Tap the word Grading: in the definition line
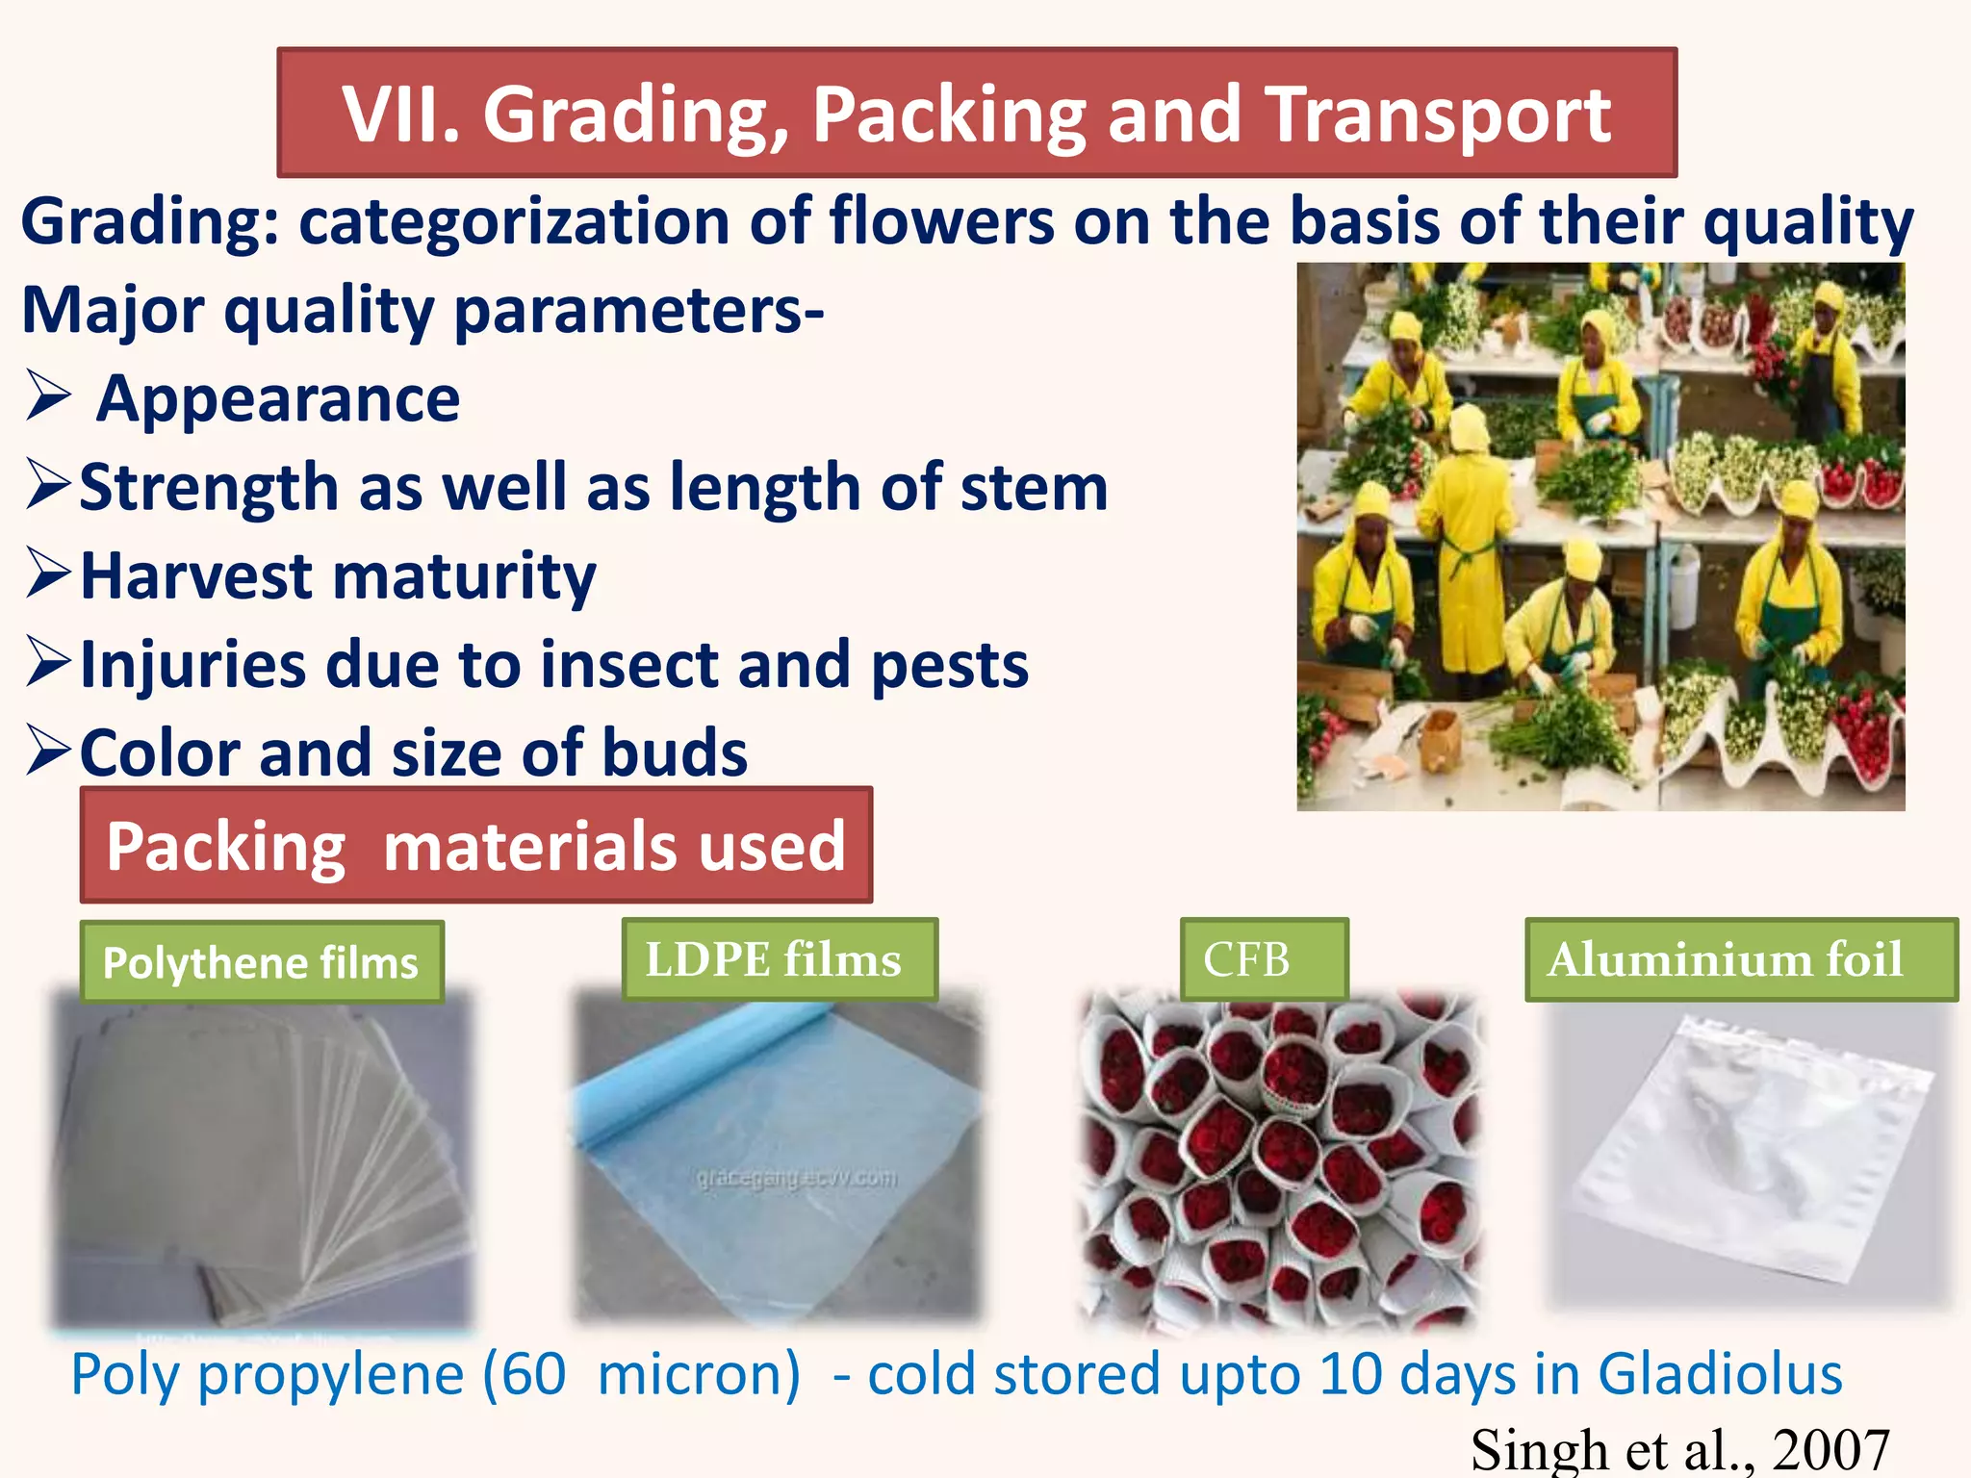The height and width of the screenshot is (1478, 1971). pyautogui.click(x=149, y=222)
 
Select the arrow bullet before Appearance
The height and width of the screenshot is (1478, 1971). pyautogui.click(x=48, y=396)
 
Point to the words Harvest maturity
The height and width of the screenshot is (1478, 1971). pyautogui.click(x=337, y=575)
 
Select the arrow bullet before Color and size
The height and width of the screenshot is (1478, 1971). pyautogui.click(x=48, y=752)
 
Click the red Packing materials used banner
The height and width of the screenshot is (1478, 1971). pyautogui.click(x=475, y=846)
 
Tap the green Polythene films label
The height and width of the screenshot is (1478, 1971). pyautogui.click(x=261, y=962)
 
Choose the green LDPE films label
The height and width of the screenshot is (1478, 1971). pyautogui.click(x=778, y=959)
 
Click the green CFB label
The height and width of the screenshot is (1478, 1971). pyautogui.click(x=1264, y=959)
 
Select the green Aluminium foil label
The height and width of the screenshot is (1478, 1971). pyautogui.click(x=1740, y=959)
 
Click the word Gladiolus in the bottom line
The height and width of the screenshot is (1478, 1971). pyautogui.click(x=1719, y=1373)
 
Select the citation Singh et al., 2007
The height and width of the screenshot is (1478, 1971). pyautogui.click(x=1679, y=1449)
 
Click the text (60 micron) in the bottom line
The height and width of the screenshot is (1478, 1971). pyautogui.click(x=641, y=1373)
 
